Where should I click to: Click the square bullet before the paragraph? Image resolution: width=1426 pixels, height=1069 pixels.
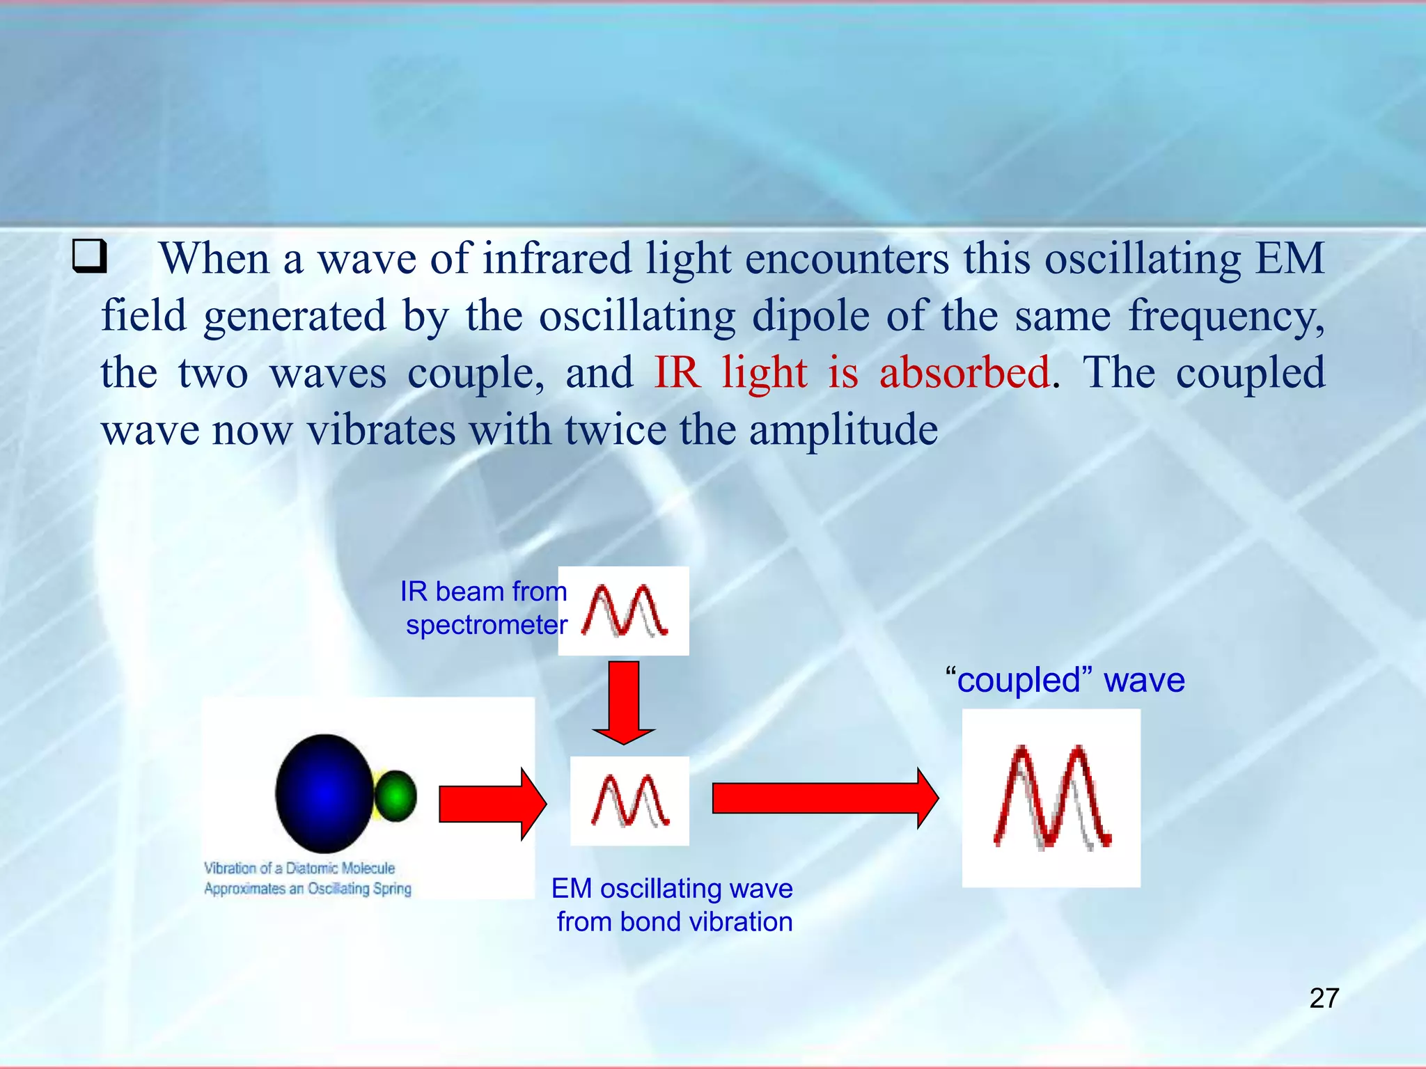tap(90, 256)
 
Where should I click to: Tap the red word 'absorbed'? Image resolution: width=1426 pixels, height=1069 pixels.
tap(964, 372)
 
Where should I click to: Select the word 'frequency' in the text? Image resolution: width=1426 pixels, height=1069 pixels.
tap(1225, 316)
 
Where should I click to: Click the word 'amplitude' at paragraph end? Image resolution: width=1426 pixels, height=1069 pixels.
tap(843, 429)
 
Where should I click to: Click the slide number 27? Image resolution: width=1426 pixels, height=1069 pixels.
tap(1324, 998)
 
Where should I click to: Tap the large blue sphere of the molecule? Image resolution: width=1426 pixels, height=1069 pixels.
tap(324, 793)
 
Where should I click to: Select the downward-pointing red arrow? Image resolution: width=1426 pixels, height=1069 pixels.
tap(624, 702)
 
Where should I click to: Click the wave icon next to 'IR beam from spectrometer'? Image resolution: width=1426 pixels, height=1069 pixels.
tap(624, 611)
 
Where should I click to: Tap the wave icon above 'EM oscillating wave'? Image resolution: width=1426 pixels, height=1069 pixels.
tap(630, 801)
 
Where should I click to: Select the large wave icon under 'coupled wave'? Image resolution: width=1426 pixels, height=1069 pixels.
tap(1051, 798)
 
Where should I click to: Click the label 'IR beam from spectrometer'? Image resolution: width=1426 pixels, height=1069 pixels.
tap(485, 608)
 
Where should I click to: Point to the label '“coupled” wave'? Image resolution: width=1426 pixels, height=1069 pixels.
tap(1065, 680)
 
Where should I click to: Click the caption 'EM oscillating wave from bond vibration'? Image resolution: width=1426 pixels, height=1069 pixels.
tap(673, 905)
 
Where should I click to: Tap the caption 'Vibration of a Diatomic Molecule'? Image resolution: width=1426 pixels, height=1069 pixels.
tap(299, 868)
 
